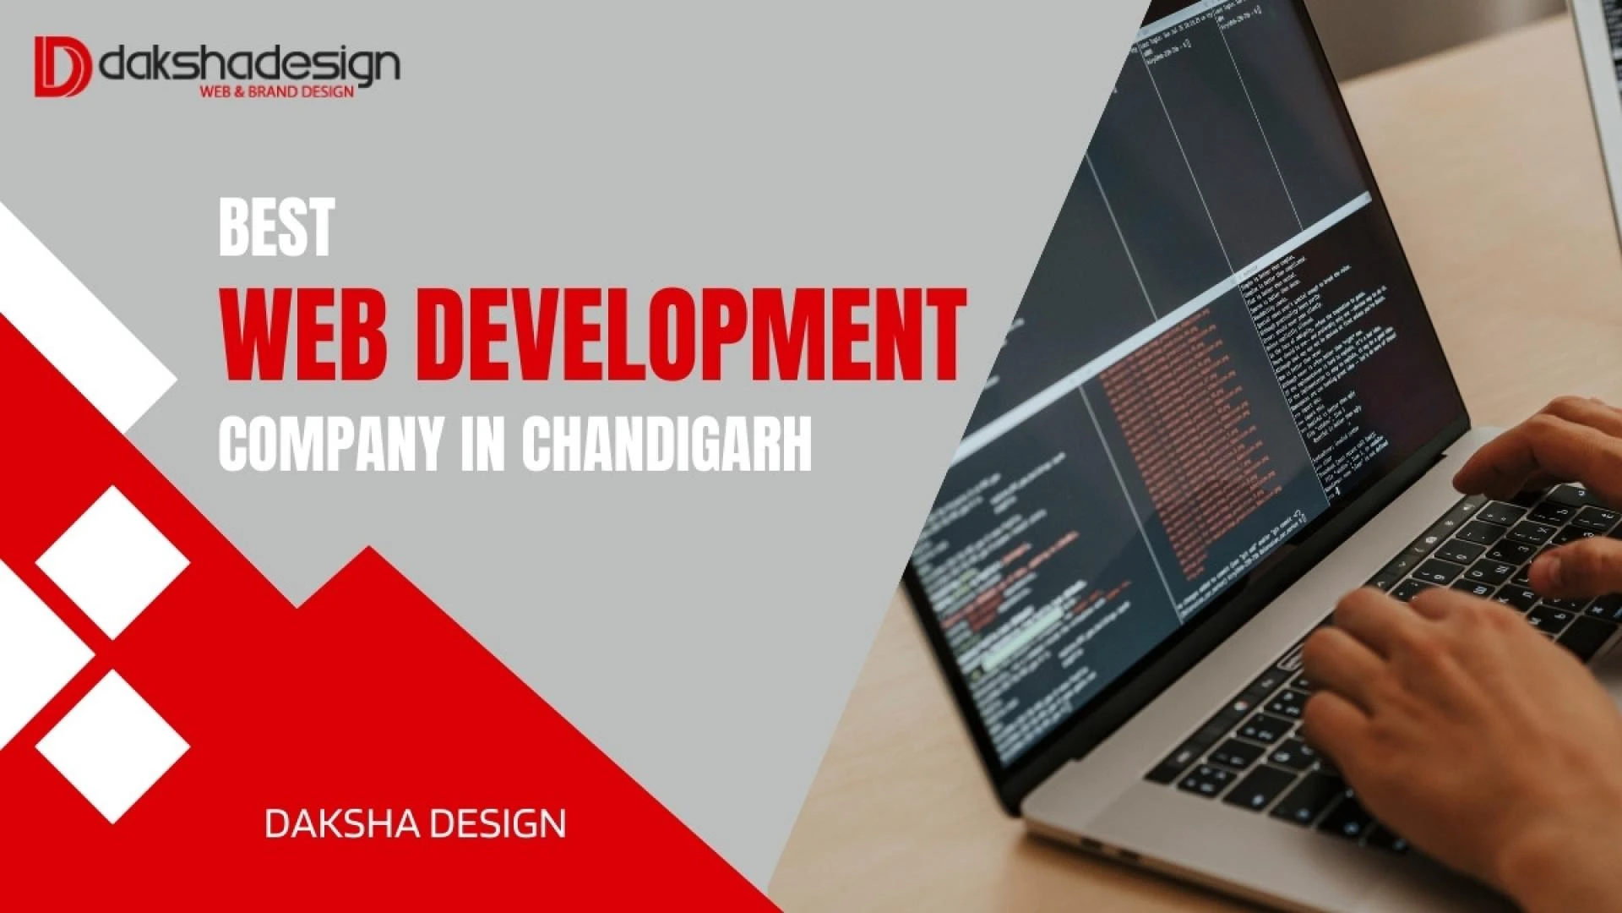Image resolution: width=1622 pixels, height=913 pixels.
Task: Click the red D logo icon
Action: [62, 66]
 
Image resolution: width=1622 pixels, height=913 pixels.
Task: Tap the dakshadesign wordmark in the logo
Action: [249, 63]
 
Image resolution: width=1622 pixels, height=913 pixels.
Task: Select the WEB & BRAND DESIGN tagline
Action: [276, 91]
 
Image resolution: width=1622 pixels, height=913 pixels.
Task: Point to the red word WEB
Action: [304, 336]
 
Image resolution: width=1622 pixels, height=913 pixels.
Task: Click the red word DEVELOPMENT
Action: [689, 336]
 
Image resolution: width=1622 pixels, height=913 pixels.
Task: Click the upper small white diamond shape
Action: [112, 562]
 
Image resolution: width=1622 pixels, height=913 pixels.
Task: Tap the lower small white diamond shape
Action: [112, 746]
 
